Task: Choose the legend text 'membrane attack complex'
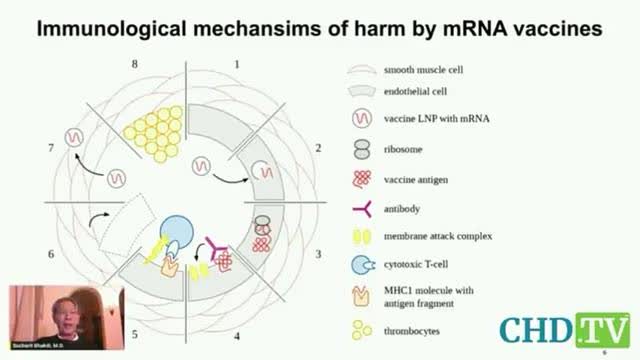coord(437,237)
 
